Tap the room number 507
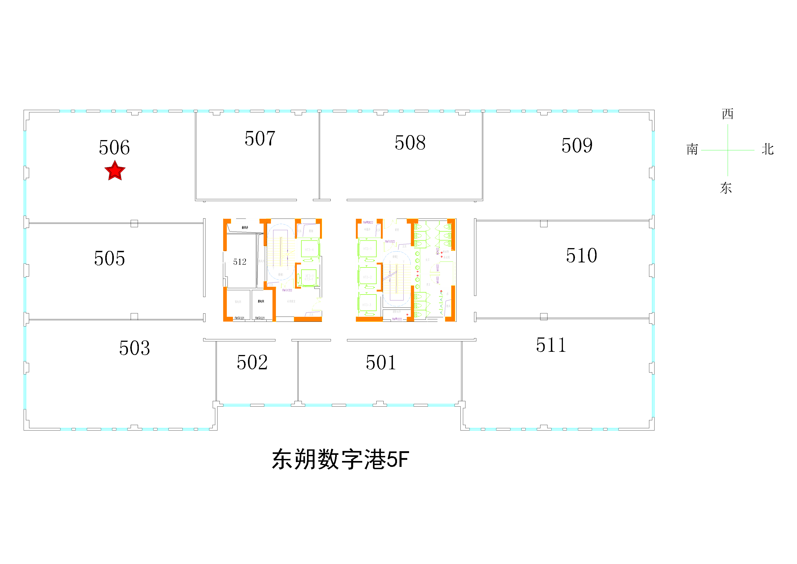[260, 138]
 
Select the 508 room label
[410, 143]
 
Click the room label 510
[581, 256]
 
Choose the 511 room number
[551, 345]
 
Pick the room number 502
[252, 363]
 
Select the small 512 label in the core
[240, 262]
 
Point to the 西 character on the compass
[728, 114]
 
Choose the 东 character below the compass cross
[726, 188]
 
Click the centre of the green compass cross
[728, 150]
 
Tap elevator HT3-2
[367, 277]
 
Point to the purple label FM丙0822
[368, 222]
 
